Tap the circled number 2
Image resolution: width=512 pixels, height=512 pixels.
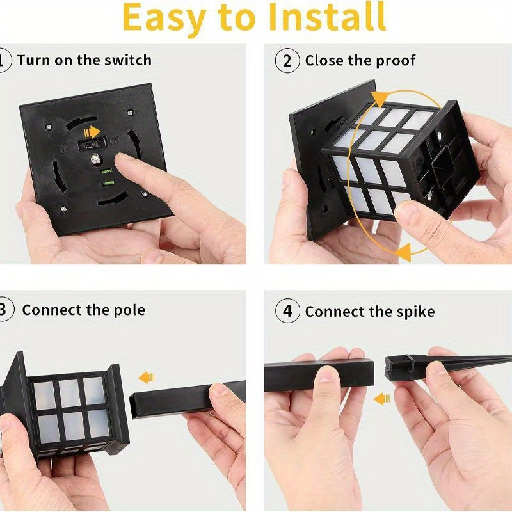pyautogui.click(x=287, y=61)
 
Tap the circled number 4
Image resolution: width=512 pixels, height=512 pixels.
pyautogui.click(x=287, y=312)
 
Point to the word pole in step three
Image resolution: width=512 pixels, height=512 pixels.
pyautogui.click(x=129, y=310)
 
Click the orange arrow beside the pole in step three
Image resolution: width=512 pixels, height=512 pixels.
pyautogui.click(x=147, y=377)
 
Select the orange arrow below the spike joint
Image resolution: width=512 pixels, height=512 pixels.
pyautogui.click(x=382, y=399)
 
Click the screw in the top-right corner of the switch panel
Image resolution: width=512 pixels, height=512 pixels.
pyautogui.click(x=131, y=113)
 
